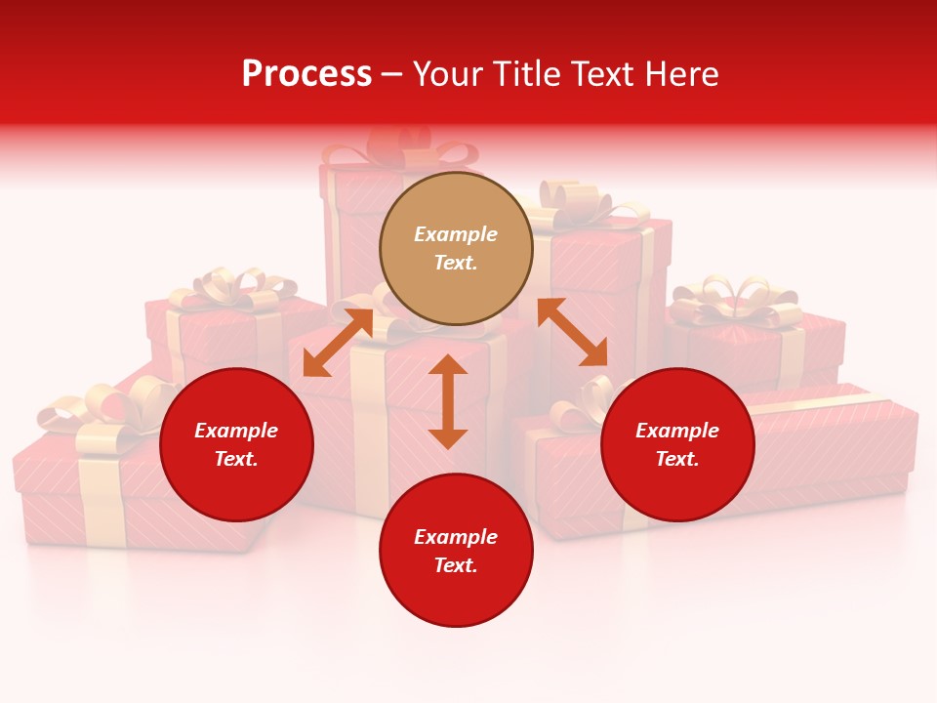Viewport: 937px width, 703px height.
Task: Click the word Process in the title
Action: [x=306, y=74]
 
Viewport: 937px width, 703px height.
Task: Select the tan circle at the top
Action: [x=456, y=248]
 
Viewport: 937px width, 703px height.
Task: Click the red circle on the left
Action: [x=236, y=444]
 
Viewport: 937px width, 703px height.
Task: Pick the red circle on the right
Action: [x=677, y=444]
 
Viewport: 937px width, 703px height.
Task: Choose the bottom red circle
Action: [x=456, y=551]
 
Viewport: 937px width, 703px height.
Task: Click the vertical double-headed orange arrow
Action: [x=448, y=401]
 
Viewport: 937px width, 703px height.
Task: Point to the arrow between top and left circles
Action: [x=338, y=342]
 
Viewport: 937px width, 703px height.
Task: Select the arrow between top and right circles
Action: [x=572, y=332]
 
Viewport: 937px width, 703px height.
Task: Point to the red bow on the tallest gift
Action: [x=400, y=146]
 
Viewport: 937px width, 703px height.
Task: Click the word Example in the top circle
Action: [x=456, y=234]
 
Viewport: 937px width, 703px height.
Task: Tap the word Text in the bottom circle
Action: [x=456, y=565]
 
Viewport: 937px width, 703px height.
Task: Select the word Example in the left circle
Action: [x=236, y=431]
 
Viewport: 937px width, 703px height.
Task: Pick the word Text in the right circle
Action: [x=677, y=459]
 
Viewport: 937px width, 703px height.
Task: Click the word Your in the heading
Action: [x=446, y=74]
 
